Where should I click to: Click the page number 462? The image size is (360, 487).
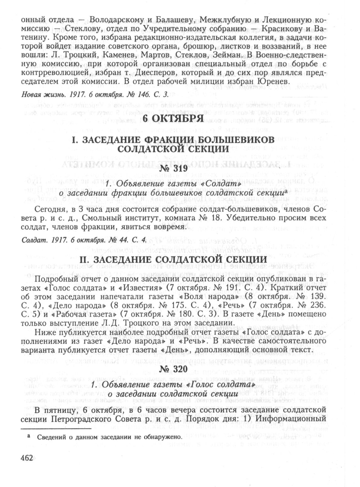point(26,457)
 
